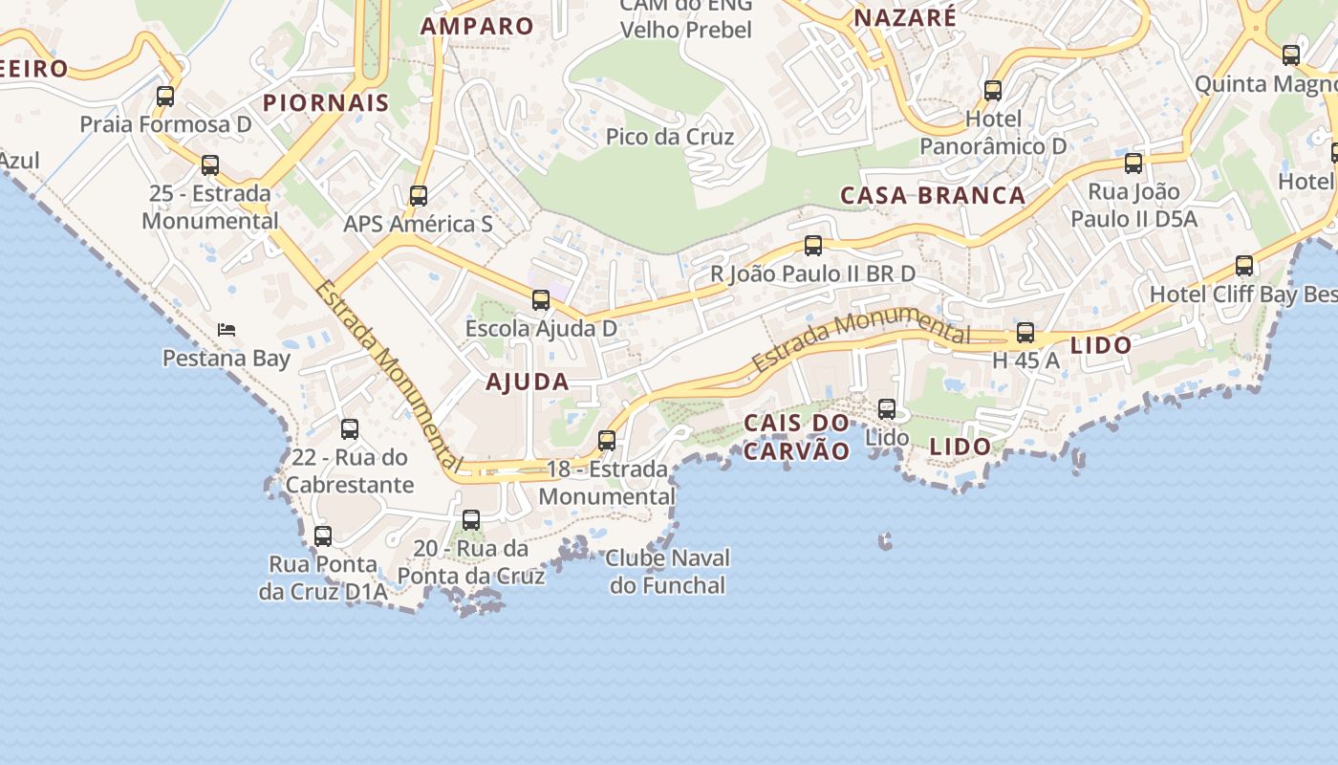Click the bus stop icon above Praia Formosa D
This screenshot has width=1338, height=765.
[165, 97]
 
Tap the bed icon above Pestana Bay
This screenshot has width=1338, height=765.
[227, 330]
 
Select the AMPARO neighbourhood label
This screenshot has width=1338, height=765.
[477, 26]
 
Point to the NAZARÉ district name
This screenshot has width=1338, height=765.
[904, 17]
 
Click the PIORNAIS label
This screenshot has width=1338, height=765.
[326, 103]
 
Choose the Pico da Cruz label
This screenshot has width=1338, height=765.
[670, 137]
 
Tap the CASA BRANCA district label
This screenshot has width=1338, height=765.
[932, 196]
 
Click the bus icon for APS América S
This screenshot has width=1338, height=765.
[419, 196]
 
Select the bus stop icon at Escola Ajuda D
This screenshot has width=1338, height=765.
[541, 300]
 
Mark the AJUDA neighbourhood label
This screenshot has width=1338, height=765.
[528, 382]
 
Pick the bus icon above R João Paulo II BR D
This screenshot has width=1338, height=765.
[813, 246]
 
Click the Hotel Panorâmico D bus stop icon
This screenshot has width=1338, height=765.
[993, 91]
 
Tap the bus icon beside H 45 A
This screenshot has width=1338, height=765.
[1025, 333]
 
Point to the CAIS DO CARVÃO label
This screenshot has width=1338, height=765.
[796, 437]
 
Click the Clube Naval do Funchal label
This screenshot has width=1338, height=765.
[667, 571]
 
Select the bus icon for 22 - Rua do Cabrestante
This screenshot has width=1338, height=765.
[350, 429]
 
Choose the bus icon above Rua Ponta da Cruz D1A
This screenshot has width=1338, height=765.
[323, 536]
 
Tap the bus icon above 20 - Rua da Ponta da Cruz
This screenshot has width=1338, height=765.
[471, 520]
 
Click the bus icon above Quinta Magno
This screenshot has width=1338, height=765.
[1291, 55]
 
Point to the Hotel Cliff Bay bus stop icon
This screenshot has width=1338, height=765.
[1244, 266]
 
